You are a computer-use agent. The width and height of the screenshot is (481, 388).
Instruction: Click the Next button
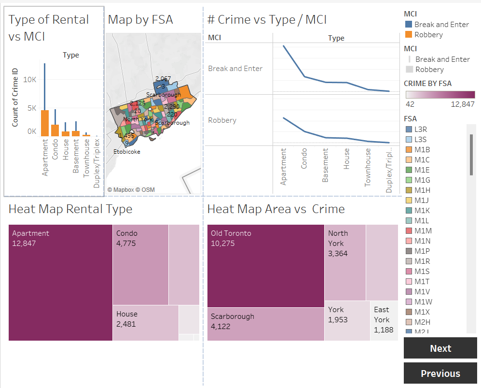440,348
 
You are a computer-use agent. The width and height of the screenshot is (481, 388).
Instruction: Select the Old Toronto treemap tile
265,266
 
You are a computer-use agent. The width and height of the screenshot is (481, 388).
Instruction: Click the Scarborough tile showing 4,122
265,324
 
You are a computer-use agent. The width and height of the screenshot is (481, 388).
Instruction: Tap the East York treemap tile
384,320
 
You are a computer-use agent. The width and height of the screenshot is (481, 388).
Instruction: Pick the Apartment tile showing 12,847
60,282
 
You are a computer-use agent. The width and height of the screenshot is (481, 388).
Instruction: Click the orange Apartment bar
44,123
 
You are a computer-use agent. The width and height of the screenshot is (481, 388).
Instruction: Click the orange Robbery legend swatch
408,35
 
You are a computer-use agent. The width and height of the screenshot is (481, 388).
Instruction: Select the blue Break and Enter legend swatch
408,25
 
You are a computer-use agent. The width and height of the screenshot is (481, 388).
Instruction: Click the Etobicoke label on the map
127,152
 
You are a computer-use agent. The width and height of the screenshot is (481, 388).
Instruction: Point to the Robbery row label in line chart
222,120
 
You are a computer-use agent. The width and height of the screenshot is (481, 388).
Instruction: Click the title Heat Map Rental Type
70,209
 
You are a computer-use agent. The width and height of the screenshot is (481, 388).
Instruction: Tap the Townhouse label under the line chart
368,167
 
